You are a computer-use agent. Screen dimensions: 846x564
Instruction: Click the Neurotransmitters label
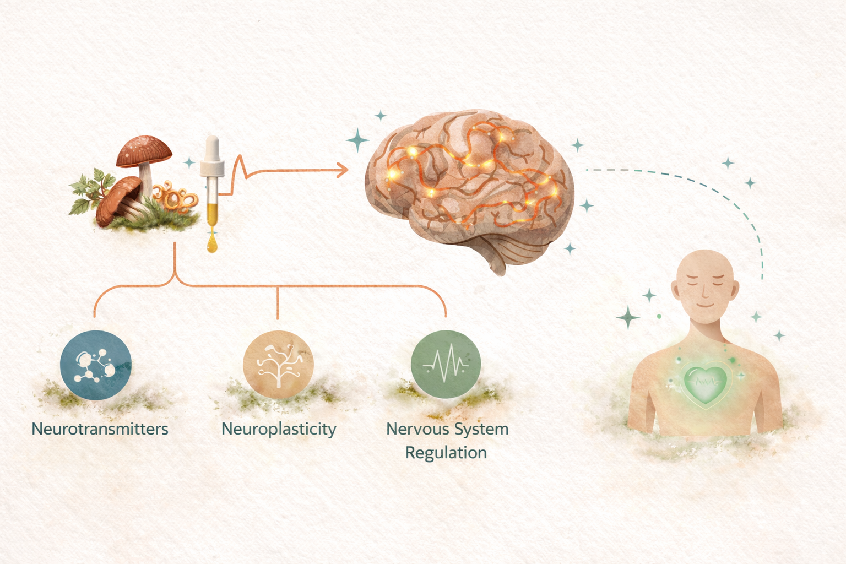100,429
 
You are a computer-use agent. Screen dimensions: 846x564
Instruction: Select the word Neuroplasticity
279,430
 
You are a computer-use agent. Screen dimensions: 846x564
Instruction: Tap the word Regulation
446,453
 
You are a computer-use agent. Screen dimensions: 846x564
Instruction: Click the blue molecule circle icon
95,365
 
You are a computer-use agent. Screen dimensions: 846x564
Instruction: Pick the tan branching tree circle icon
278,365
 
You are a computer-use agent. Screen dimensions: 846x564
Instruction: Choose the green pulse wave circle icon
446,364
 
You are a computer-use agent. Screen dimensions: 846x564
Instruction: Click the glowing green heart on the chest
705,384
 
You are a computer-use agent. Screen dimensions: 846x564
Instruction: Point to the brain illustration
469,189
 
